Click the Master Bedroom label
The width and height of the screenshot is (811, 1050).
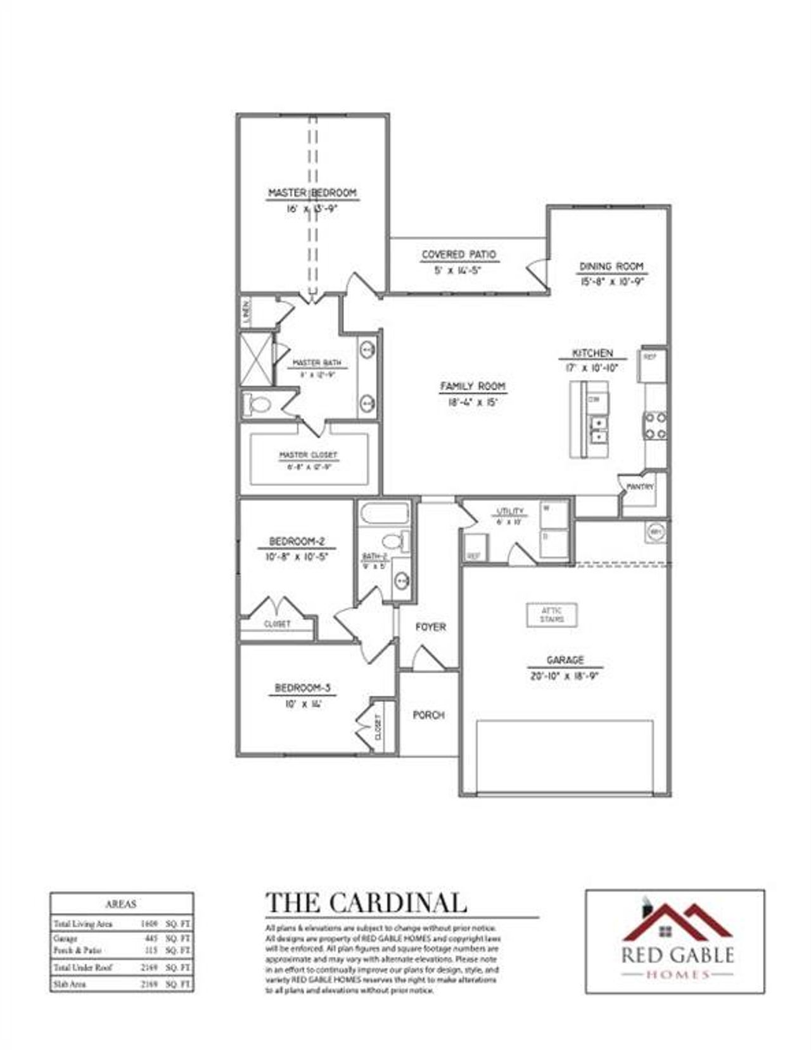pyautogui.click(x=312, y=193)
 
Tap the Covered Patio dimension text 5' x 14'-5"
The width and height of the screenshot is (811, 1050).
pyautogui.click(x=459, y=270)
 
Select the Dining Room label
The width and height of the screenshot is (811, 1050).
pyautogui.click(x=611, y=267)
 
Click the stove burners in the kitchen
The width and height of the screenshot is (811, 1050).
pyautogui.click(x=655, y=425)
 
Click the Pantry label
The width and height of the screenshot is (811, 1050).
pyautogui.click(x=639, y=487)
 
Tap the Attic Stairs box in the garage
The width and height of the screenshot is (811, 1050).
pyautogui.click(x=552, y=614)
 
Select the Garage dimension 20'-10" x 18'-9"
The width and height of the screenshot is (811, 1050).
pyautogui.click(x=565, y=676)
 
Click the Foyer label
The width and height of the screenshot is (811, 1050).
pyautogui.click(x=430, y=627)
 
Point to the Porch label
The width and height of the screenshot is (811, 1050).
pyautogui.click(x=429, y=715)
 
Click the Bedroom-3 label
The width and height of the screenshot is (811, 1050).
pyautogui.click(x=302, y=688)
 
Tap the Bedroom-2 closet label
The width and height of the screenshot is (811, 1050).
pyautogui.click(x=277, y=624)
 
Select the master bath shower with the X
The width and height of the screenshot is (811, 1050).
pyautogui.click(x=256, y=359)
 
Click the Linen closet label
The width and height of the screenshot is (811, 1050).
pyautogui.click(x=246, y=311)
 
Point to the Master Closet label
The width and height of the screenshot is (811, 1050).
pyautogui.click(x=308, y=455)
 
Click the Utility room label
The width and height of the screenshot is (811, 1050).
pyautogui.click(x=510, y=511)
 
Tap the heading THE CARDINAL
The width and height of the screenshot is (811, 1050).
pyautogui.click(x=366, y=902)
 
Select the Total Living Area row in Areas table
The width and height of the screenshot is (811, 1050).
pyautogui.click(x=121, y=924)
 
